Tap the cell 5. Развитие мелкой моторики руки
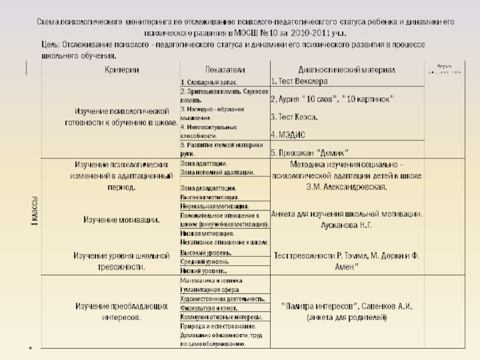point(221,149)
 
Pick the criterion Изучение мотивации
point(121,220)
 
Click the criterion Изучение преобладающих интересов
point(121,311)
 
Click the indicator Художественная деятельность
point(222,298)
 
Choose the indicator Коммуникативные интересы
point(221,316)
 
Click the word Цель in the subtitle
point(50,45)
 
